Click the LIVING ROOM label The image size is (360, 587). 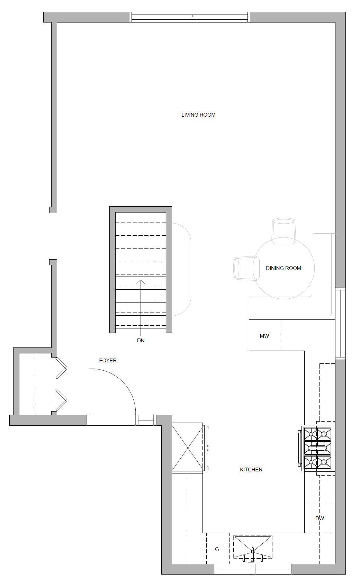(198, 115)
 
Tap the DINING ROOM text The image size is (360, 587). (283, 268)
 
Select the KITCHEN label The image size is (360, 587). (251, 470)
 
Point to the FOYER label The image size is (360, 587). (108, 361)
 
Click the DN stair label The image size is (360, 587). (141, 341)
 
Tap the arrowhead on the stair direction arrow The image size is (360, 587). (141, 282)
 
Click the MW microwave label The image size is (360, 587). (264, 336)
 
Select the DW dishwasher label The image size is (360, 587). (319, 518)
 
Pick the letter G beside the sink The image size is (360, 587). (217, 549)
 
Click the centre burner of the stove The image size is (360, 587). (317, 448)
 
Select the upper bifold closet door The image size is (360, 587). (61, 368)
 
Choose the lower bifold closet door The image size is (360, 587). (61, 400)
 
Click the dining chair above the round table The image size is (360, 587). (284, 231)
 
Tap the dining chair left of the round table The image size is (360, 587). (246, 268)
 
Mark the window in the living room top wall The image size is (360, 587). (190, 17)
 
